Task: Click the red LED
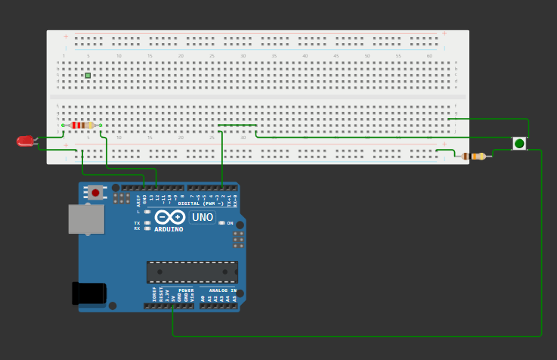point(26,141)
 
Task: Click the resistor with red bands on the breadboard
point(82,125)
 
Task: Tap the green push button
point(519,143)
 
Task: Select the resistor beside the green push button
point(475,157)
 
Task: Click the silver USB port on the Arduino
point(85,219)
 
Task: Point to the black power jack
point(89,293)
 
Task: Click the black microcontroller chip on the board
point(192,272)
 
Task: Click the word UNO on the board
point(203,218)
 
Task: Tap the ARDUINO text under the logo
point(169,229)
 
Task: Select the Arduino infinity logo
point(169,217)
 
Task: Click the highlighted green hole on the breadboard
point(88,76)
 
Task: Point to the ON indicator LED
point(221,223)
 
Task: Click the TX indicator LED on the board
point(147,223)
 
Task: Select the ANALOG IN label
point(222,290)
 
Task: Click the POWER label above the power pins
point(186,290)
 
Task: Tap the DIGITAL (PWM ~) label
point(200,203)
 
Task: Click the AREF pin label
point(138,200)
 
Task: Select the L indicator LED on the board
point(147,212)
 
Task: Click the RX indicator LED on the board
point(147,228)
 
